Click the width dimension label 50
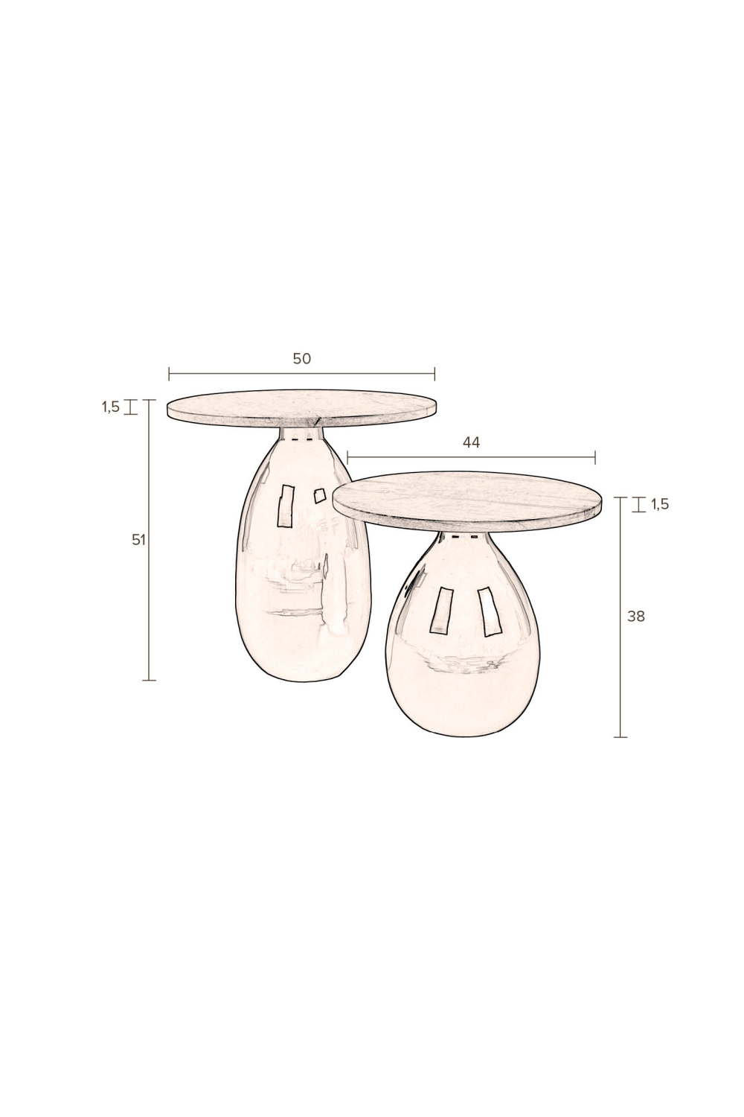point(301,358)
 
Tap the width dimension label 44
point(471,442)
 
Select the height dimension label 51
point(138,540)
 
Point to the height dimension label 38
point(636,617)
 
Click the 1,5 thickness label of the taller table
point(111,407)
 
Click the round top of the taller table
point(302,408)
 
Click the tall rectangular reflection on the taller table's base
point(286,506)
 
